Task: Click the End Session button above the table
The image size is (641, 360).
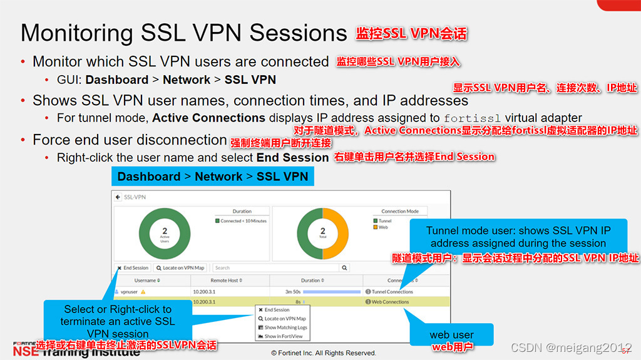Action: tap(133, 268)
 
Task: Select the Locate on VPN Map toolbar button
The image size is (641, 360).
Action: tap(180, 268)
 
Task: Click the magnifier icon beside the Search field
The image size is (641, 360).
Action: tap(344, 268)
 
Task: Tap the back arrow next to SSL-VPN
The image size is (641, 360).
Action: tap(118, 197)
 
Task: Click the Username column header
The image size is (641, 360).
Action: tap(148, 280)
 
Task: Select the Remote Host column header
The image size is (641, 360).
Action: tap(226, 280)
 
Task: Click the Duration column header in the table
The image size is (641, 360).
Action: tap(312, 280)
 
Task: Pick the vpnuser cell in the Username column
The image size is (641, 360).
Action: tap(129, 292)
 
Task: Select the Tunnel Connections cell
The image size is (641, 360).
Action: tap(392, 292)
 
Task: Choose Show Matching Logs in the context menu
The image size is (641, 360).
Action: tap(285, 327)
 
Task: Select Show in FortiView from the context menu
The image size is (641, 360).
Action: tap(283, 336)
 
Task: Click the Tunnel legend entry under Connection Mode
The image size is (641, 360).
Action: tap(384, 221)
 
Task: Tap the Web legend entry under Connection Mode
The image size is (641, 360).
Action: tap(382, 227)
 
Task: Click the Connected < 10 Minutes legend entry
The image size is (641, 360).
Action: tap(242, 221)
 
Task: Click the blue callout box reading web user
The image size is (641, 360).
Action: tap(451, 335)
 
